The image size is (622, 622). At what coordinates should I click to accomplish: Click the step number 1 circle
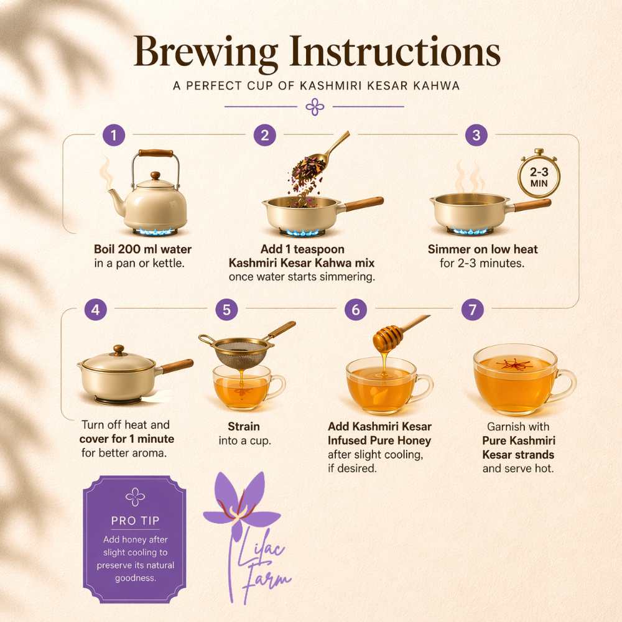(x=114, y=135)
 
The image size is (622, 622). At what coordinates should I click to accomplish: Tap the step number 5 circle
(x=226, y=309)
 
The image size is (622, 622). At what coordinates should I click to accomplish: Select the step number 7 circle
(x=473, y=309)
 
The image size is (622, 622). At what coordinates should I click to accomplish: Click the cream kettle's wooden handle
(x=155, y=153)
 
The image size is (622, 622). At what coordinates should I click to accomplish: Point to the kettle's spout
(x=116, y=200)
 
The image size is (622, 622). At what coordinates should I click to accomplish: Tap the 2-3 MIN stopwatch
(x=539, y=175)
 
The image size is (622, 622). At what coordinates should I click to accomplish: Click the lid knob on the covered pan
(x=119, y=350)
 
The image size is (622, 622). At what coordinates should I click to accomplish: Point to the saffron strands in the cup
(x=515, y=364)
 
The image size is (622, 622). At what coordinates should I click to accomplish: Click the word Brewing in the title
(x=206, y=52)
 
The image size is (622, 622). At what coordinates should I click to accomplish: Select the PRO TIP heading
(x=135, y=521)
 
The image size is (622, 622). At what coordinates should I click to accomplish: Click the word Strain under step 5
(x=244, y=427)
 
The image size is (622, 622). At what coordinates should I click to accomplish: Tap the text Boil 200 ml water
(x=143, y=249)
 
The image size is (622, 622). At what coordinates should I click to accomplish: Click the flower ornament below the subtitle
(x=315, y=107)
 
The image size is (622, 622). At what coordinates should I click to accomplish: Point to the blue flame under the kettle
(x=155, y=231)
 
